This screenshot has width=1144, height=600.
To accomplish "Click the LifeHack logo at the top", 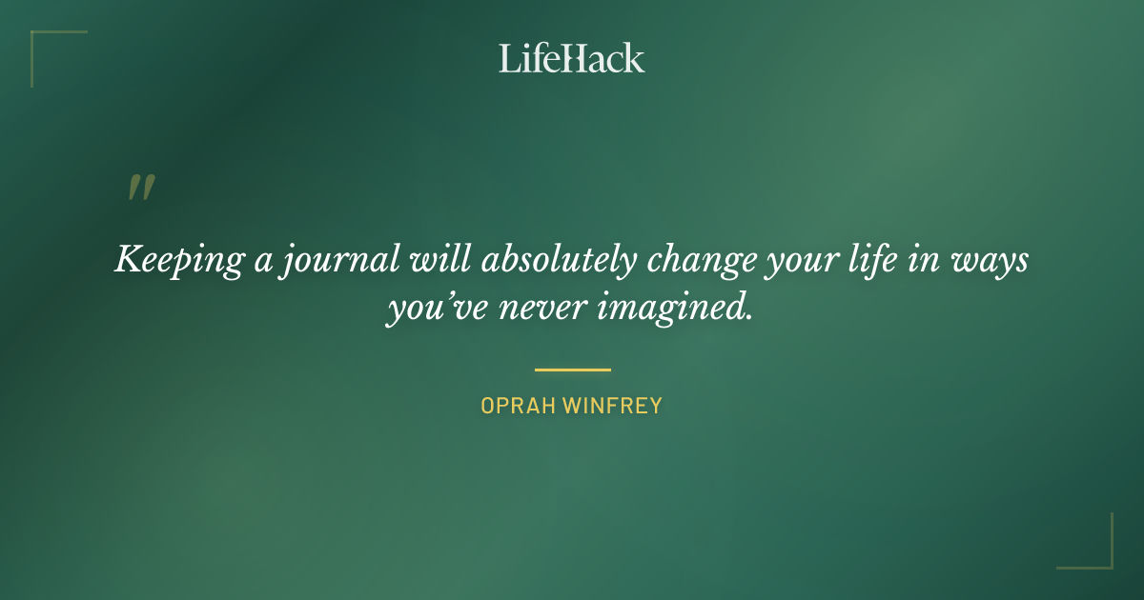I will [572, 58].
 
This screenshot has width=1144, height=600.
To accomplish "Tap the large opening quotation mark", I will [140, 188].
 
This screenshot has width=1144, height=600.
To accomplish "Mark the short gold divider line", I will [572, 370].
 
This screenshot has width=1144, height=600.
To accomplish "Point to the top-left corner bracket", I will [43, 43].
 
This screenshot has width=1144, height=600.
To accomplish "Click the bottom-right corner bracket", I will [1101, 557].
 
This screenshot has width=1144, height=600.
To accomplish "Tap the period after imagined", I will [750, 318].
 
